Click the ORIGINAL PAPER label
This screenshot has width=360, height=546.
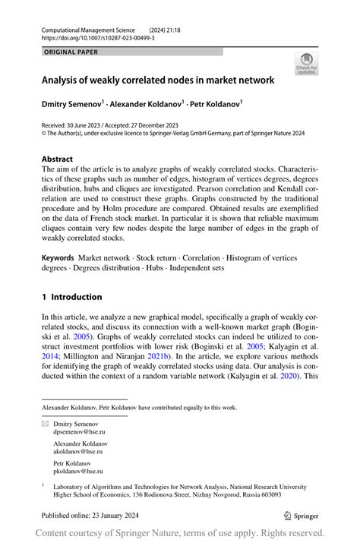click(71, 52)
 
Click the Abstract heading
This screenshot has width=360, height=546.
click(58, 159)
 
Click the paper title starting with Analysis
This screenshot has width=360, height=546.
click(157, 80)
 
